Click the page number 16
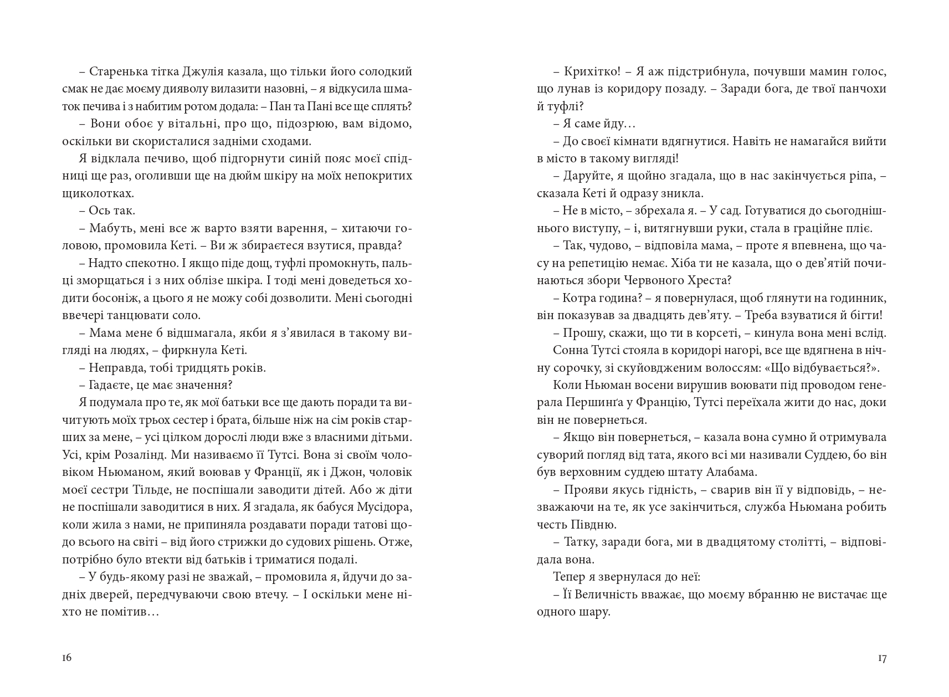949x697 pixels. coord(66,658)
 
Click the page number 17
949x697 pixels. coord(882,658)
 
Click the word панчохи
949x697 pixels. coord(860,89)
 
